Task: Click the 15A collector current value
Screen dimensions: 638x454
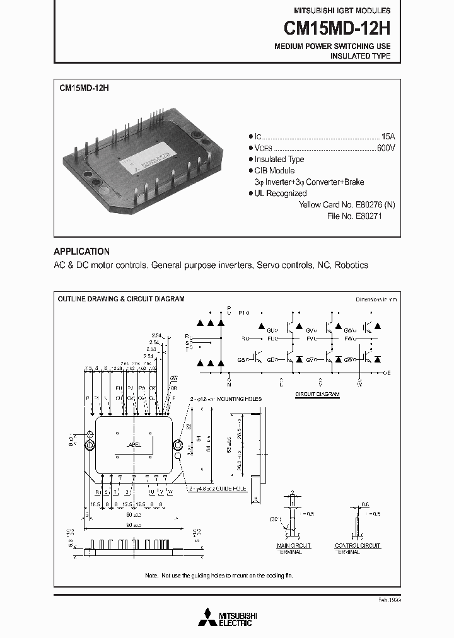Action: (x=389, y=137)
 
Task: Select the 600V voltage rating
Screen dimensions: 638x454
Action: (x=386, y=148)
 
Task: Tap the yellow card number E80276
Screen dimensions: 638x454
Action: (x=366, y=205)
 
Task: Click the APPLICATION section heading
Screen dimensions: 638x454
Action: (x=81, y=251)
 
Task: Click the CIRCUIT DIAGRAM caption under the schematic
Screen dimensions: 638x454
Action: (x=317, y=394)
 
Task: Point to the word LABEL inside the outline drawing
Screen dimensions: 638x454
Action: (x=133, y=444)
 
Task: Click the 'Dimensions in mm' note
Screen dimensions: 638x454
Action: (x=376, y=299)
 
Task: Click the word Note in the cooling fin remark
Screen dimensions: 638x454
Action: (x=151, y=576)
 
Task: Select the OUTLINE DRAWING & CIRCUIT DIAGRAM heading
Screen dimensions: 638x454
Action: (x=121, y=299)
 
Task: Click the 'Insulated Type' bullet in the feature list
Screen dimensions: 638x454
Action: (x=279, y=159)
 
